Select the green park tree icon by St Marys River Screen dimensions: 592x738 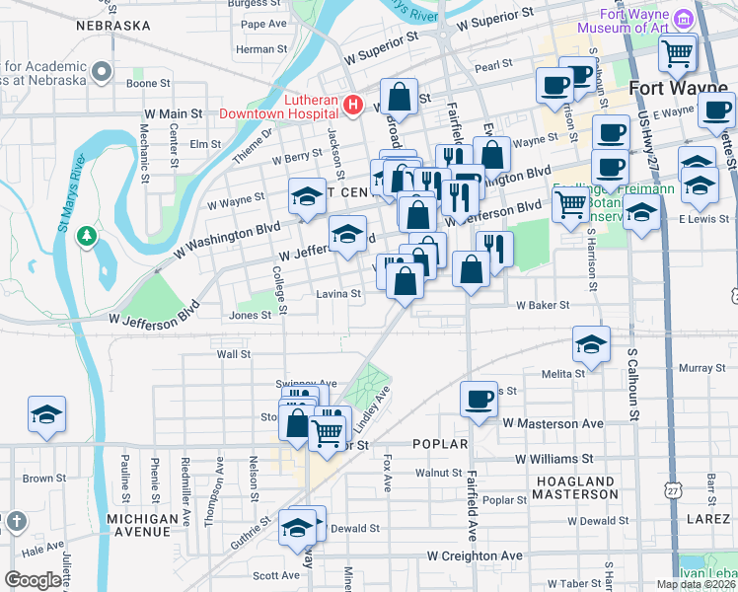(x=88, y=235)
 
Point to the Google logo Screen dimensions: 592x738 (x=32, y=580)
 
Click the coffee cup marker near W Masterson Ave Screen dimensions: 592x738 (x=480, y=399)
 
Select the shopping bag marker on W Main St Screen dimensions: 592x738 (x=400, y=97)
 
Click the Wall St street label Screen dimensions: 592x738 (x=234, y=353)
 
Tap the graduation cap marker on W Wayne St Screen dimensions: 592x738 (x=307, y=198)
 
